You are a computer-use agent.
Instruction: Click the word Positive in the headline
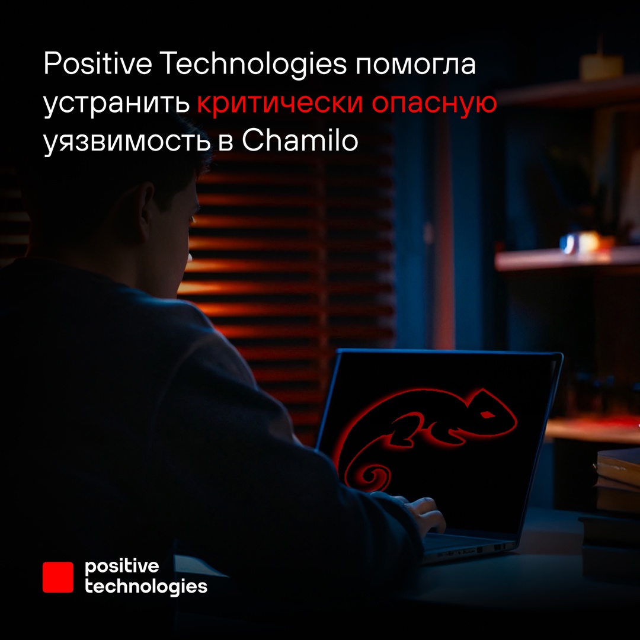pos(98,63)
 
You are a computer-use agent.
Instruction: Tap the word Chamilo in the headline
pos(300,140)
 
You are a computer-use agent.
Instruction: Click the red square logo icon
pos(58,577)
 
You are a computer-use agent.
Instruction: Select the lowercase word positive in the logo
pos(121,567)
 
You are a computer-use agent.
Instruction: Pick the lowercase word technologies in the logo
pos(146,587)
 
